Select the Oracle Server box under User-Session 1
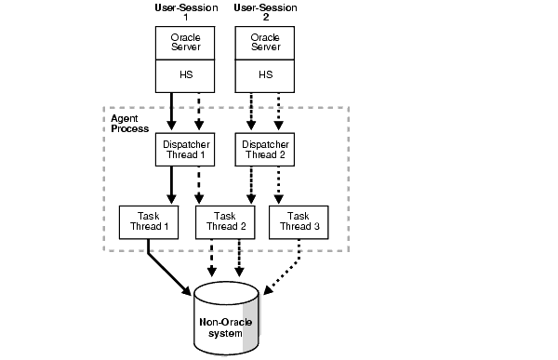pos(183,43)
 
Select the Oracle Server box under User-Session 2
pos(264,43)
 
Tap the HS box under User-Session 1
pos(183,75)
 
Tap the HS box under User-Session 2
pos(264,75)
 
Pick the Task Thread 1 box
pos(148,220)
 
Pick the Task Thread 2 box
pos(223,220)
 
